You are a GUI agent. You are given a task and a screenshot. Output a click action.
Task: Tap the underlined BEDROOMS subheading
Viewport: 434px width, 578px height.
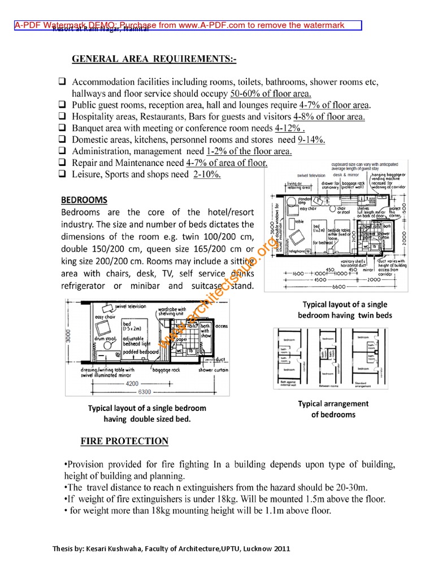pyautogui.click(x=84, y=200)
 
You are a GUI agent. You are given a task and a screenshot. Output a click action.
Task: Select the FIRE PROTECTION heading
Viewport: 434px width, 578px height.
pyautogui.click(x=124, y=441)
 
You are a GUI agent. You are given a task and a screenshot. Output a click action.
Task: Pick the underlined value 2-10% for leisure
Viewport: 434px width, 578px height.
pyautogui.click(x=206, y=174)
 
